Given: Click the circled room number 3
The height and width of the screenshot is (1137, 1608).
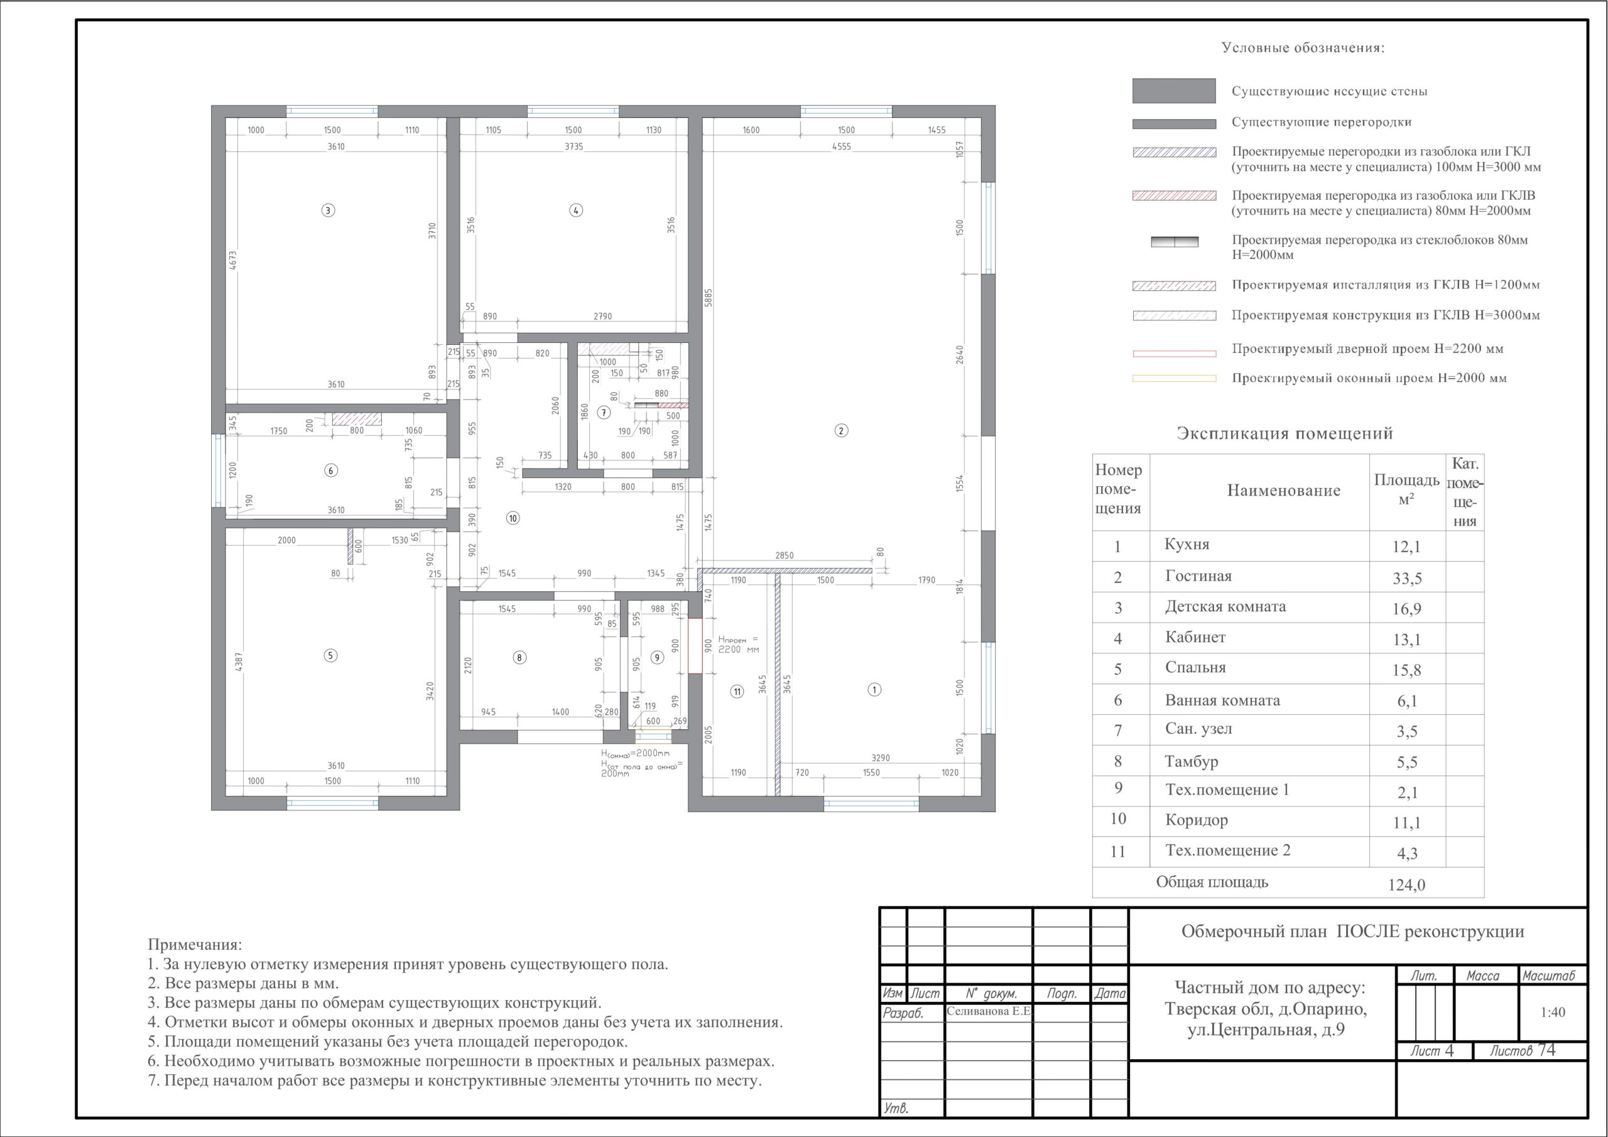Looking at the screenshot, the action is coord(328,210).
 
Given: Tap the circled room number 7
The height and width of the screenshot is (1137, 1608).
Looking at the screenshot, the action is coord(604,413).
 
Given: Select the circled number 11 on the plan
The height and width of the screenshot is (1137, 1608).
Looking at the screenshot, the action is coord(737,692).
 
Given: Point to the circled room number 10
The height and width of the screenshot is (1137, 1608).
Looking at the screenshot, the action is coord(513,518).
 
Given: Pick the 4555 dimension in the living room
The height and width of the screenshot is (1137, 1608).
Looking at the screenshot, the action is coord(841,146).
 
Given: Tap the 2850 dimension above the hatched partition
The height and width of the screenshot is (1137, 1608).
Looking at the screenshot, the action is coord(785,555).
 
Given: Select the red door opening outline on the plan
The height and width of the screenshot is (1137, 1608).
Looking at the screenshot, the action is coord(695,645).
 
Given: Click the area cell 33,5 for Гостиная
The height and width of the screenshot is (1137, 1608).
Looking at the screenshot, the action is coord(1406,579).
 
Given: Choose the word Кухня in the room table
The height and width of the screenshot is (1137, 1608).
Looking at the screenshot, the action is coord(1187,545).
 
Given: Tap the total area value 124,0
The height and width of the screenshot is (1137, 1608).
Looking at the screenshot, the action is coord(1406,885).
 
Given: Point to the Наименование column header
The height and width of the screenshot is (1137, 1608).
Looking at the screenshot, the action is coord(1284,491).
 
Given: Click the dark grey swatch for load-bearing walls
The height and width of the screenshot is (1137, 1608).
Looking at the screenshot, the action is coord(1174,91).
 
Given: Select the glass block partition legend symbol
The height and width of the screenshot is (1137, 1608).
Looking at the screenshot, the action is coord(1175,242).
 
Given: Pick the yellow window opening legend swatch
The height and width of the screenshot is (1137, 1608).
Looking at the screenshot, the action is coord(1175,378).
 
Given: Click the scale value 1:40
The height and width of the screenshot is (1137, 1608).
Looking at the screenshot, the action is coord(1553,1012).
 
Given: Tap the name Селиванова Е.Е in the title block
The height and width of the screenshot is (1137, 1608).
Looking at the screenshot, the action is coord(989,1011).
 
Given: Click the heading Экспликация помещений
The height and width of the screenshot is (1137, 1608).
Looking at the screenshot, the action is coord(1285,433).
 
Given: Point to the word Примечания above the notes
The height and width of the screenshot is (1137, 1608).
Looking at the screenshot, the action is coord(195,945).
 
